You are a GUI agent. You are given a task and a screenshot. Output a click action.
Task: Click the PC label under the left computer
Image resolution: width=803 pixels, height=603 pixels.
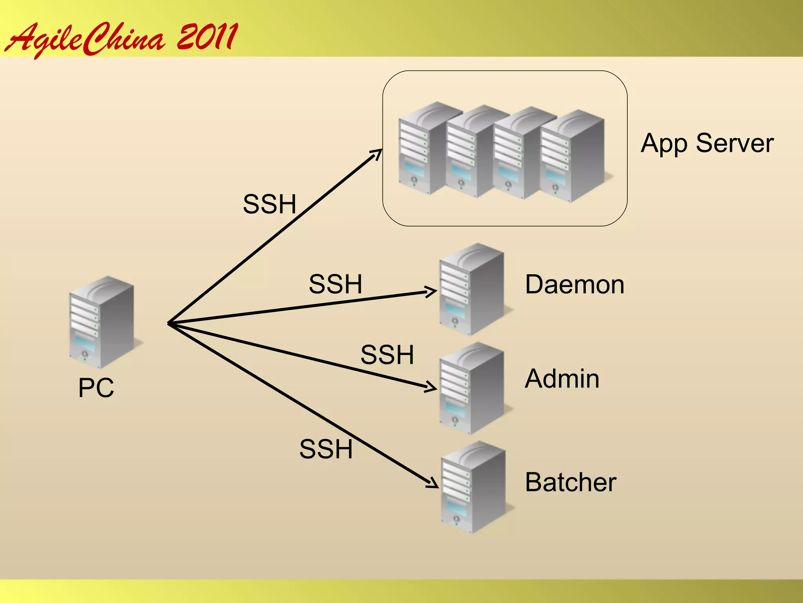[x=96, y=388]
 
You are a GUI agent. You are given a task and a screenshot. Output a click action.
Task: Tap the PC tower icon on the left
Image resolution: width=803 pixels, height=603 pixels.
[x=102, y=322]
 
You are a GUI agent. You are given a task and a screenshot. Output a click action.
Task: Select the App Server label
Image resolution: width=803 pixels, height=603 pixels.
[x=707, y=143]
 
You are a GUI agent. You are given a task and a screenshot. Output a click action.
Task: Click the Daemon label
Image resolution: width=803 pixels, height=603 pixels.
[x=574, y=285]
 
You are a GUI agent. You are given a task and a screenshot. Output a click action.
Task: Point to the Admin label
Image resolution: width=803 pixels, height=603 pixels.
[x=562, y=379]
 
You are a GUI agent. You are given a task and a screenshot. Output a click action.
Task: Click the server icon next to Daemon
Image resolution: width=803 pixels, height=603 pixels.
[x=472, y=289]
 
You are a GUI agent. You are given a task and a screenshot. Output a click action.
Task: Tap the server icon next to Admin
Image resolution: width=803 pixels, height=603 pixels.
[x=472, y=388]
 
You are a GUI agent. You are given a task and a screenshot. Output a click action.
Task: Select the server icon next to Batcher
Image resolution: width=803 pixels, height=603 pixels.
[x=473, y=487]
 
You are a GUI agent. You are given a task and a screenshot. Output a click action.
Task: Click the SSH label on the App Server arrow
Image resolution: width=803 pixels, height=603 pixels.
[x=269, y=204]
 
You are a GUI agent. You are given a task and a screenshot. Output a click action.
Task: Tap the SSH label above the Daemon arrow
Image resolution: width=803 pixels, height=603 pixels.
[x=335, y=284]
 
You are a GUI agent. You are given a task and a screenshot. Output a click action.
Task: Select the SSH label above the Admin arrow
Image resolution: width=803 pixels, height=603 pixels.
[x=387, y=355]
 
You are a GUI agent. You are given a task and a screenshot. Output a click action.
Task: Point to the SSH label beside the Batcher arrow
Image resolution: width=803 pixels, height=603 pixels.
[x=326, y=449]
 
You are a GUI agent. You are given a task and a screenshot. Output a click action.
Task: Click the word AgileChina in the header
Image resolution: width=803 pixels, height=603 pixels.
[x=84, y=39]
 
